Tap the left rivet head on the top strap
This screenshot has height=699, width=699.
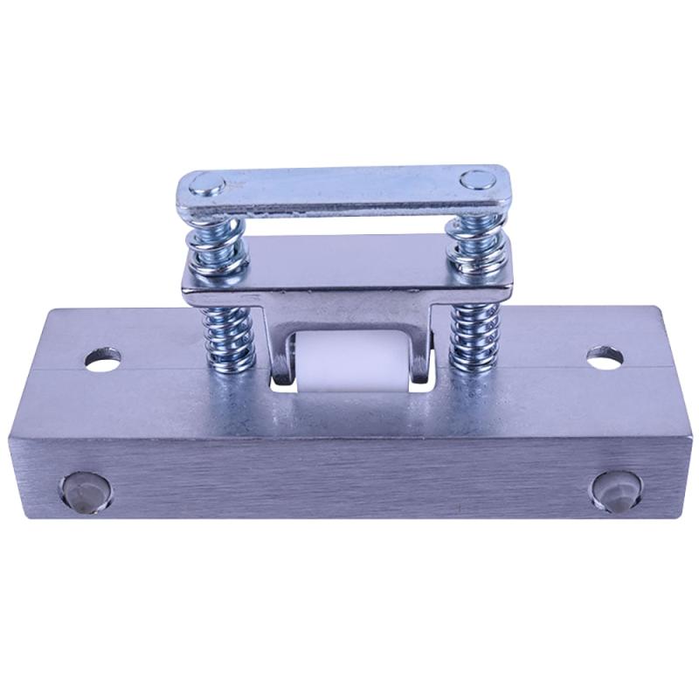tap(208, 184)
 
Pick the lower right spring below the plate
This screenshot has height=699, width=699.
tap(473, 336)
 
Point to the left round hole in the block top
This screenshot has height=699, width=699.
tap(103, 358)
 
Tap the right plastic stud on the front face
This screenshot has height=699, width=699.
tap(617, 491)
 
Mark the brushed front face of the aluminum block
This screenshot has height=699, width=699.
tap(349, 472)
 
